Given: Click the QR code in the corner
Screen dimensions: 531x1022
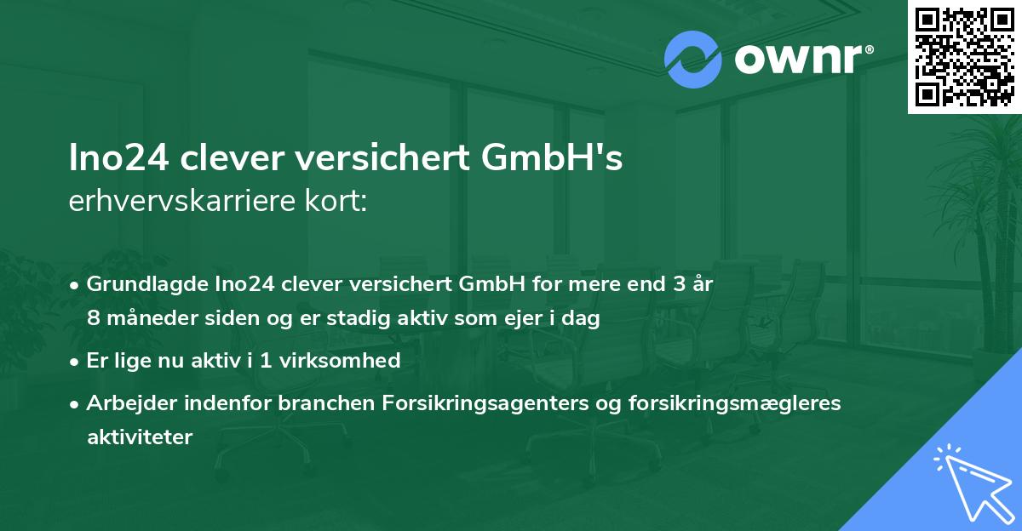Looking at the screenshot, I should tap(964, 56).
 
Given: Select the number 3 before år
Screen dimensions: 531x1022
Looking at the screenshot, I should tap(679, 284).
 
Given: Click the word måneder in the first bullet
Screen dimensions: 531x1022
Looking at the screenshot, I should tap(146, 318).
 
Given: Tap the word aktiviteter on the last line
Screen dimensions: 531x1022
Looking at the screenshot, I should tap(140, 437).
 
